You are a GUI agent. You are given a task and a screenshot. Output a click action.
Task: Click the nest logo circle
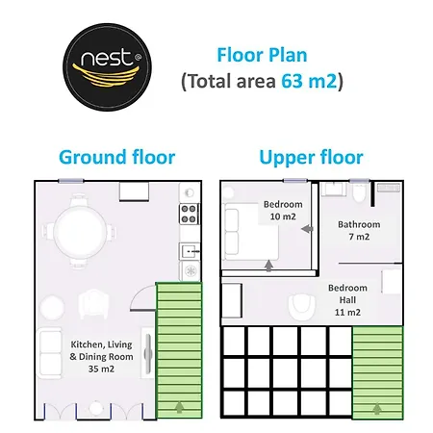coord(107,67)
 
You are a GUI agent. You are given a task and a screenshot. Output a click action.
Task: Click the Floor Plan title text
coord(262,55)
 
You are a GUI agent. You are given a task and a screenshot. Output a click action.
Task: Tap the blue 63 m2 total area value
coord(309,81)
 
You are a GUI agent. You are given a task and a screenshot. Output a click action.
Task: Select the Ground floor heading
coord(117,157)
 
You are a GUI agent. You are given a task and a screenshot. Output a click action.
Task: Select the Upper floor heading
coord(311,158)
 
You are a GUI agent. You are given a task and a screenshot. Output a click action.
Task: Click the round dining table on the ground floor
coord(79,231)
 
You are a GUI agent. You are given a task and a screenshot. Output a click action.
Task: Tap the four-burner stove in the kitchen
coord(189,214)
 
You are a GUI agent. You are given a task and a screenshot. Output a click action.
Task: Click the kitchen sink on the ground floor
coord(190,251)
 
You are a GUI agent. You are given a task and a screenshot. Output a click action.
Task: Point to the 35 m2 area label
coord(101,369)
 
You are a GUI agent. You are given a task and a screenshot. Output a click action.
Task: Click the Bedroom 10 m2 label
coord(283,211)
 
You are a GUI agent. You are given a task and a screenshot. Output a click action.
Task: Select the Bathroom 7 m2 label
coord(359,230)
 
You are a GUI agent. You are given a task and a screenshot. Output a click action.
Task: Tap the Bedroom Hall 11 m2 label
coord(347,300)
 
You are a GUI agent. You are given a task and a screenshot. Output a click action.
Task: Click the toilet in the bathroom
coord(359,193)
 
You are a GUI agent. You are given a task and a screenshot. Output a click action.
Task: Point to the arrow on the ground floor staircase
coord(180,408)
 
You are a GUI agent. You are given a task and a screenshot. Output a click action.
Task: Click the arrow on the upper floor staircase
coord(377,409)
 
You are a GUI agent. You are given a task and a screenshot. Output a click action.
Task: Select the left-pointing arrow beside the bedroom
coord(307,229)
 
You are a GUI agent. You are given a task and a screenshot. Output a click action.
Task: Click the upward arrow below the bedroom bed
coord(268,266)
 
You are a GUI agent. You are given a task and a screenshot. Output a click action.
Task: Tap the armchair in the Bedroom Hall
coord(302,307)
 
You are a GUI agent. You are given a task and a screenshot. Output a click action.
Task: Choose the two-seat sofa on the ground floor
coord(50,353)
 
